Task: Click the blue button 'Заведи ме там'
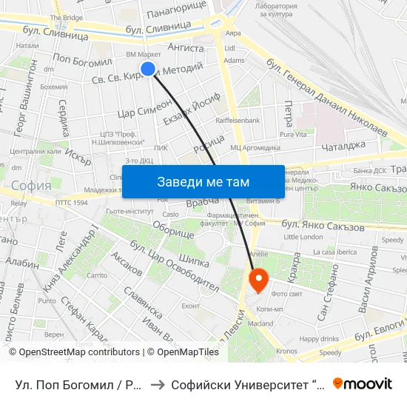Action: [x=203, y=181]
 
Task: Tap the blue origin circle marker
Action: [x=148, y=69]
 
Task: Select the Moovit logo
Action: [x=363, y=383]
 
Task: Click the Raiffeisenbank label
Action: [x=238, y=119]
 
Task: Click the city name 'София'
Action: [x=31, y=185]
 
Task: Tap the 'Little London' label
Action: [x=303, y=237]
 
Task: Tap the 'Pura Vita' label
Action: [x=292, y=135]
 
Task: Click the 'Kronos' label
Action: [x=286, y=351]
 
